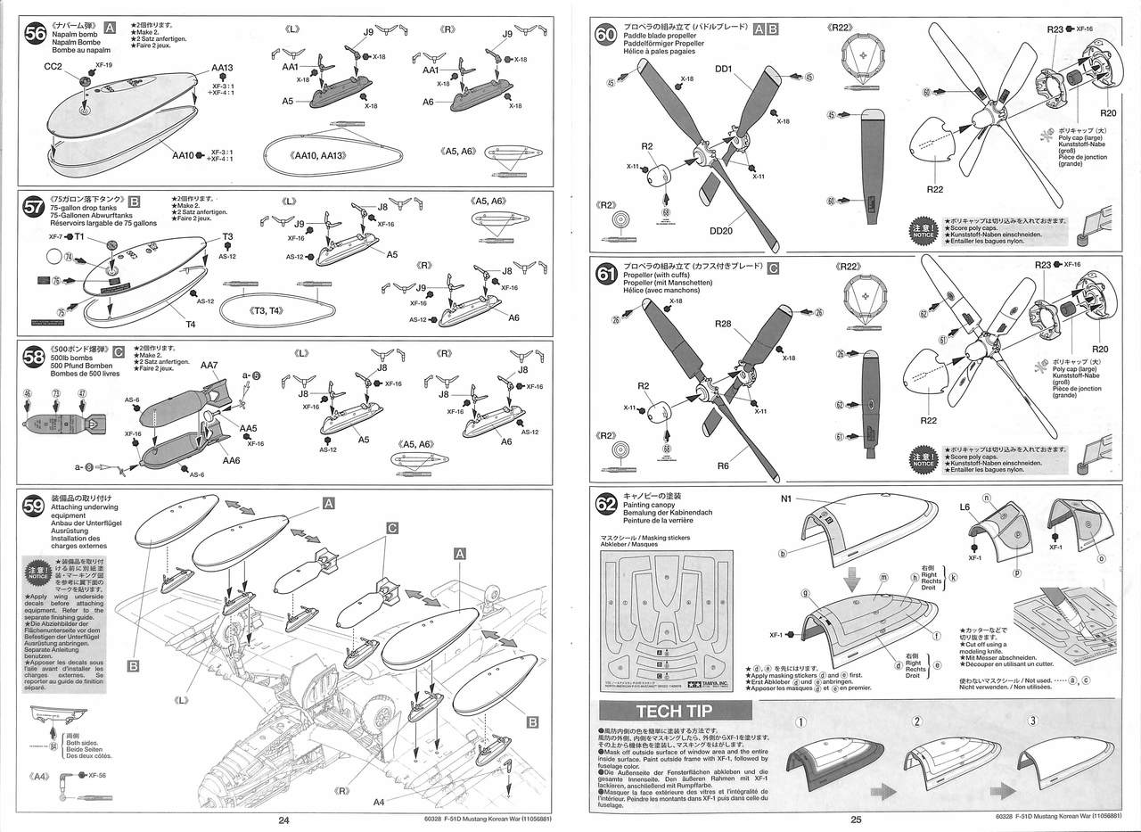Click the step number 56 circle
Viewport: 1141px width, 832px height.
click(36, 33)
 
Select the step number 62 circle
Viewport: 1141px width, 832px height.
click(606, 506)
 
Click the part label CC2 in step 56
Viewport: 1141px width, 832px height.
click(53, 67)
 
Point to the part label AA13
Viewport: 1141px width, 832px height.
click(222, 69)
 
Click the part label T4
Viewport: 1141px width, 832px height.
click(190, 324)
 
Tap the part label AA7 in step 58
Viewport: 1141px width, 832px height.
click(209, 366)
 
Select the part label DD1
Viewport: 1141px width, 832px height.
click(723, 69)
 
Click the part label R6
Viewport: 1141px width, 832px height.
click(723, 465)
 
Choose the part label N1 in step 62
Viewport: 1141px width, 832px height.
click(786, 499)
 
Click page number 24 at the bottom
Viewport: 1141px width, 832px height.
click(283, 820)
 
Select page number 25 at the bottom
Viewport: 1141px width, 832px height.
click(855, 820)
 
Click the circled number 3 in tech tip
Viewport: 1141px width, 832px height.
click(1033, 721)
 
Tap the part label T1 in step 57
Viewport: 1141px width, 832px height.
click(78, 237)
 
